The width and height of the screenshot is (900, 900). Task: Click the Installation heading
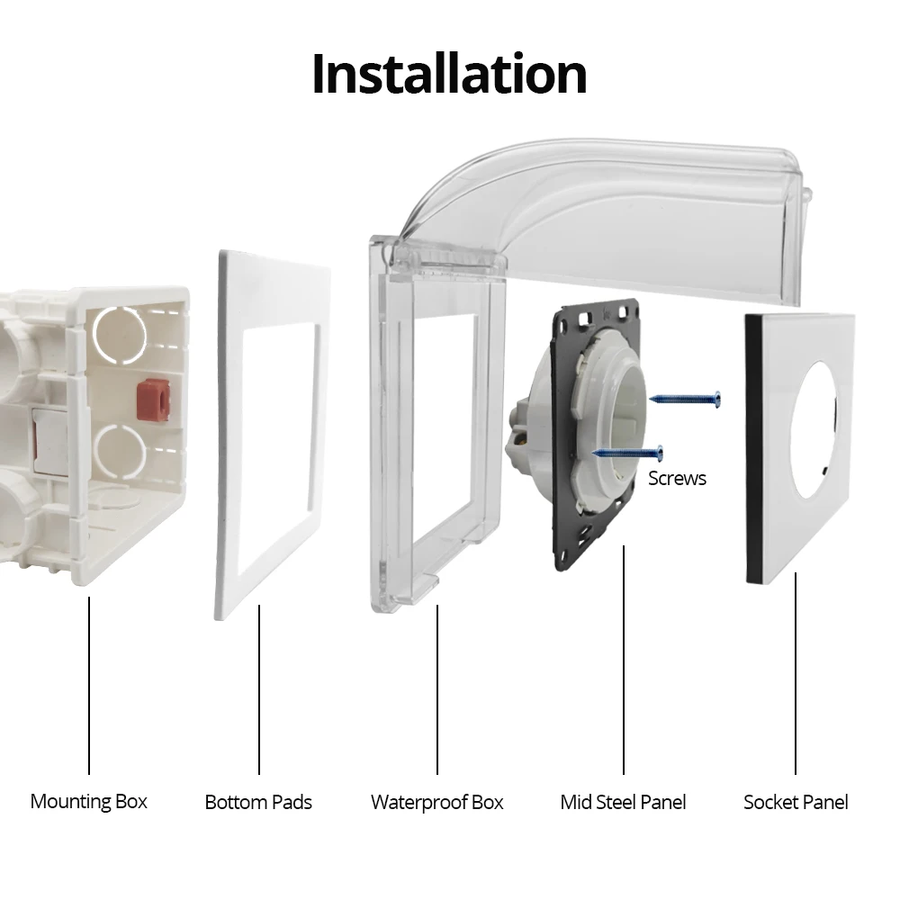(x=449, y=74)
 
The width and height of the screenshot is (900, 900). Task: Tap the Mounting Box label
(x=88, y=801)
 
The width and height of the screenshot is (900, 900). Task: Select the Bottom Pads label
(x=258, y=802)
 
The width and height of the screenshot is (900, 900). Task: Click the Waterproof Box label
(x=437, y=802)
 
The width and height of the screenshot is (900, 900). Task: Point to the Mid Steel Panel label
(x=623, y=802)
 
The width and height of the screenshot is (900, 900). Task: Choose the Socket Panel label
(x=796, y=802)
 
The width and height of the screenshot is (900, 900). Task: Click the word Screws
(x=677, y=478)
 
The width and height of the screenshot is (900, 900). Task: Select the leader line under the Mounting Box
(x=89, y=684)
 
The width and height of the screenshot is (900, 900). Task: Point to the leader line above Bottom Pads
(x=259, y=688)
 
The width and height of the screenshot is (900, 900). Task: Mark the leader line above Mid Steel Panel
(x=624, y=657)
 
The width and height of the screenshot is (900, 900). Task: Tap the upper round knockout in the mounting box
(x=121, y=334)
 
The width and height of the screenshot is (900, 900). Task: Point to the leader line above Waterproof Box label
(x=437, y=688)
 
